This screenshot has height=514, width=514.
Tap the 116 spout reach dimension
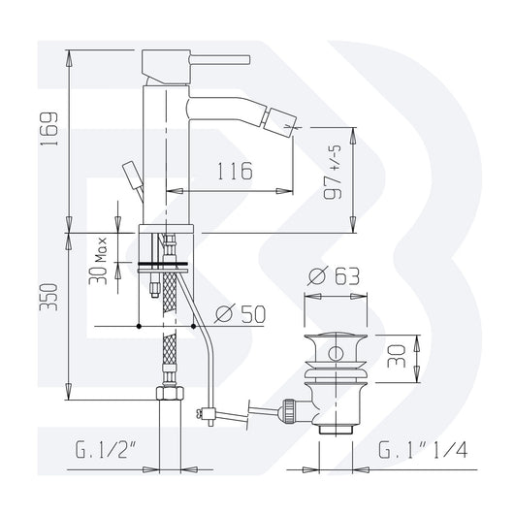coord(231,172)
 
